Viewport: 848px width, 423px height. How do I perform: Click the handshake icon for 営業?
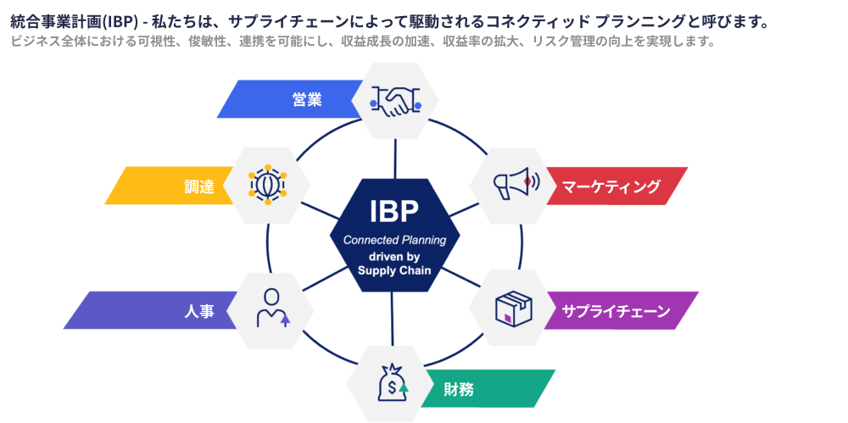[x=395, y=100]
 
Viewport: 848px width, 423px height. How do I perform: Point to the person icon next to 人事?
[x=272, y=309]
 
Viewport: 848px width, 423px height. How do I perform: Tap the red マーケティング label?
[x=611, y=186]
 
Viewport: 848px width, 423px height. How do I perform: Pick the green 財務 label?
[x=459, y=390]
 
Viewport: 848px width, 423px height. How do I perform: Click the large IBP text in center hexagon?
[x=394, y=211]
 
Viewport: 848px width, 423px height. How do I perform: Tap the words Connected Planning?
[x=394, y=240]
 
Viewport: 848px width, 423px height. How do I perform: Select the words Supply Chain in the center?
[x=394, y=270]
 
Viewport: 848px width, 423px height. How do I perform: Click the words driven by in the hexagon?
[x=394, y=256]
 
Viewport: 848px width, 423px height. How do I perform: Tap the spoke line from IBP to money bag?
[x=392, y=318]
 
